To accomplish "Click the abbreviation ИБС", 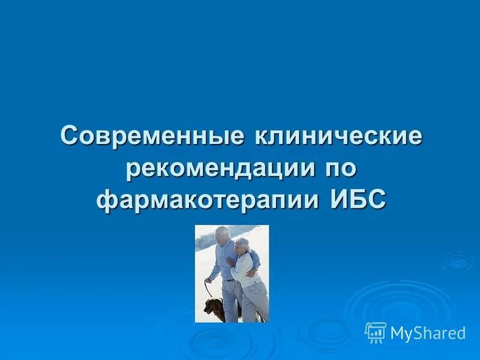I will click(358, 199).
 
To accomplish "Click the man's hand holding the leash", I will click(208, 280).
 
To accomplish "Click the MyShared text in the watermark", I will click(427, 333).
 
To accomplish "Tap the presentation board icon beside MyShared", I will click(376, 332).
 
